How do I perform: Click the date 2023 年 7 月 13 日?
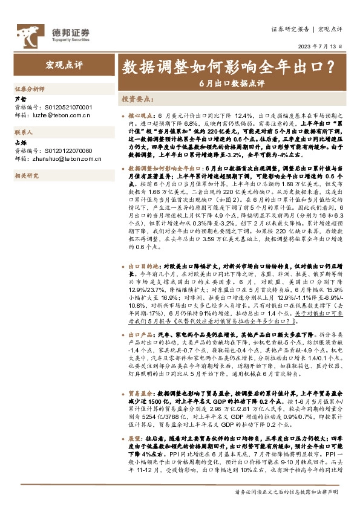tap(320, 46)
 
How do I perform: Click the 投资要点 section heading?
tap(138, 98)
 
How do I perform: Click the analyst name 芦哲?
tap(20, 99)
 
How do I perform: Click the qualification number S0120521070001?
tap(65, 106)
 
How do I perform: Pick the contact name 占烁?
tap(20, 143)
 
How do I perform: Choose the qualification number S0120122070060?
tap(65, 150)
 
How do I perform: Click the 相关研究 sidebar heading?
tap(26, 175)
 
